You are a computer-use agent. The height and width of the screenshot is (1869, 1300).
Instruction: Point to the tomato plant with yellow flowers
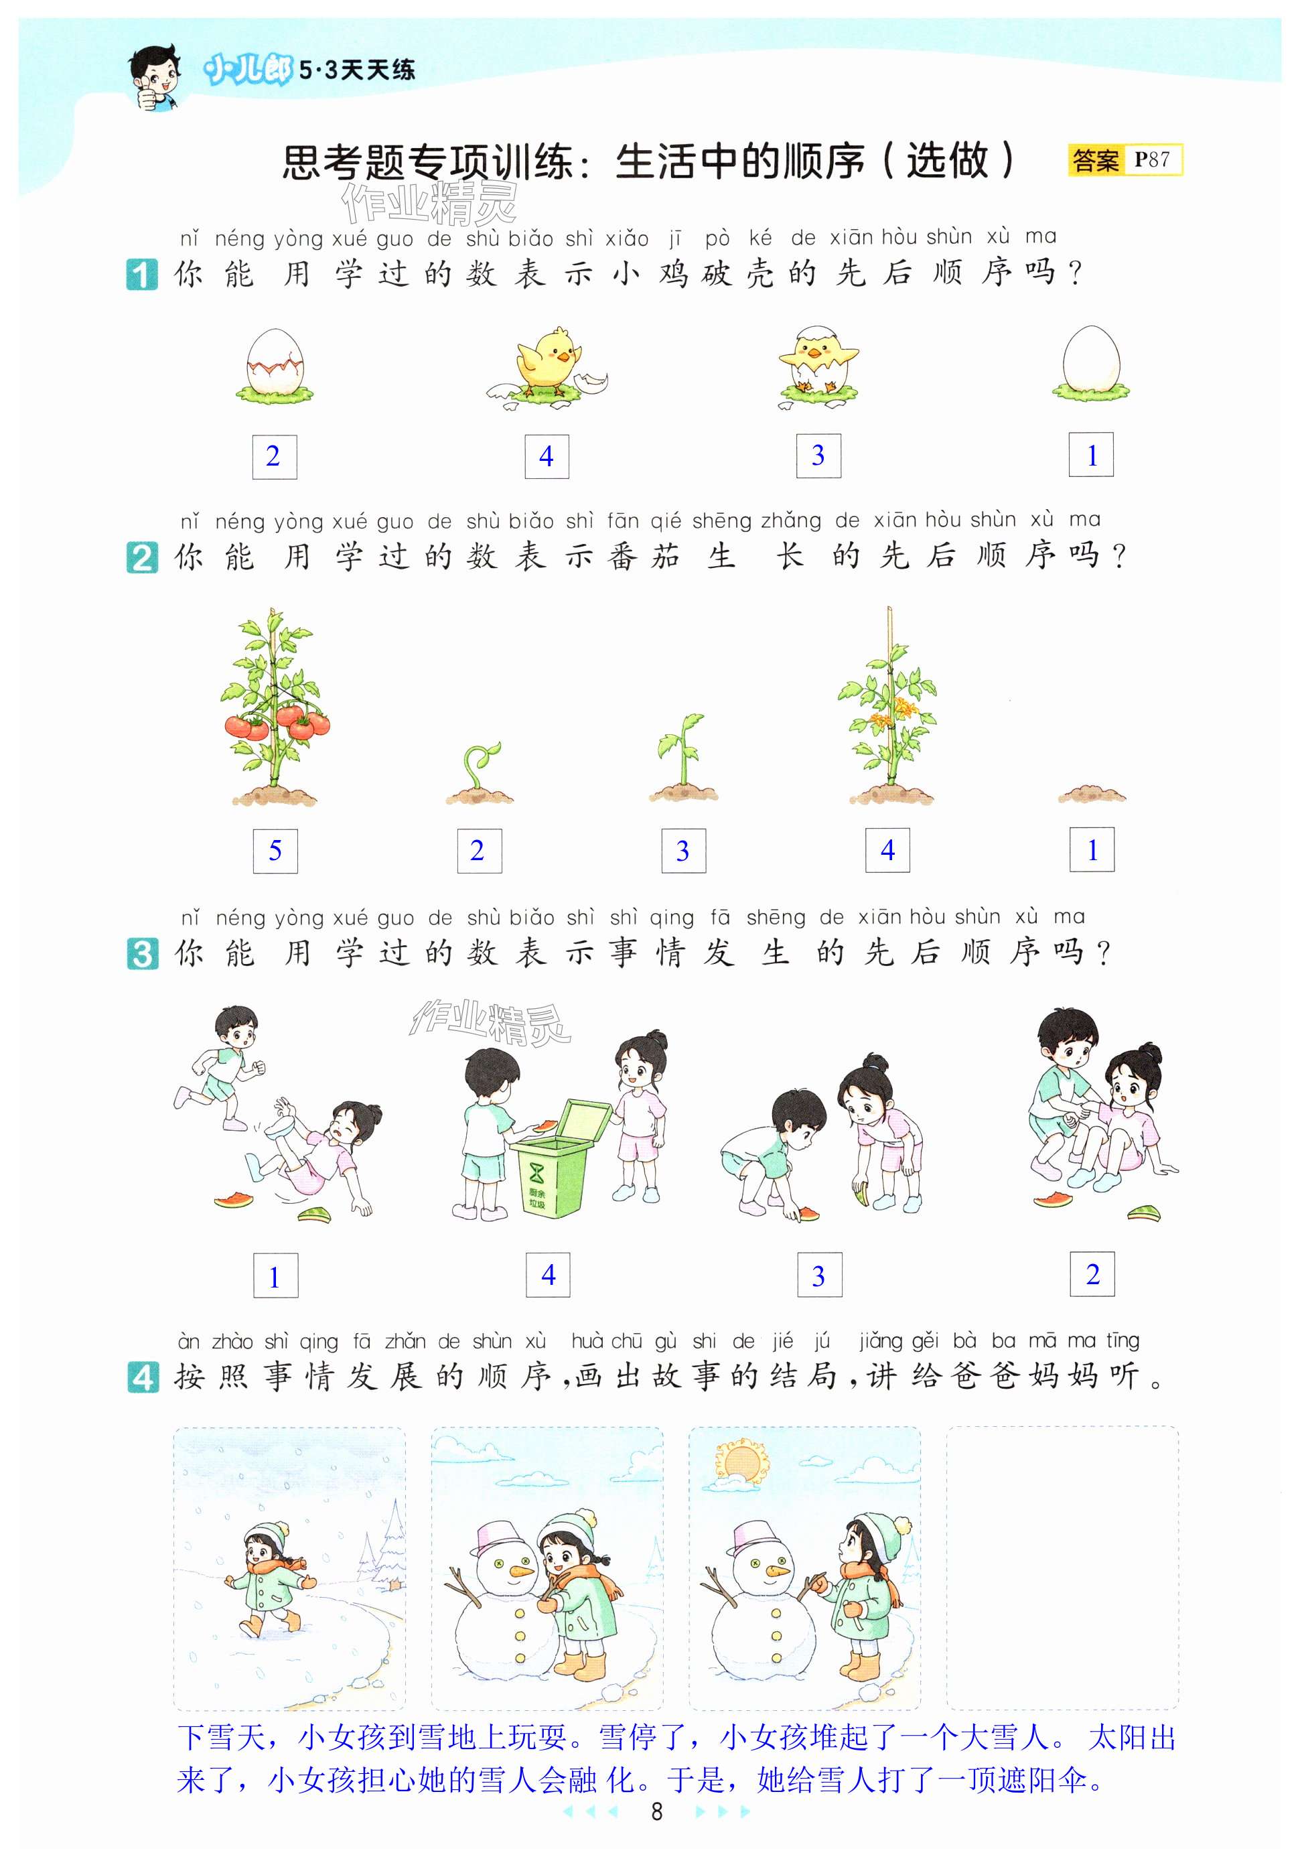[889, 706]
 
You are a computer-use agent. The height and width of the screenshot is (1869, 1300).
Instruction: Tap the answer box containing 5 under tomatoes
[275, 851]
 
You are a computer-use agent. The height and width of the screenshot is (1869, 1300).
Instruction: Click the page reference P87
[1152, 159]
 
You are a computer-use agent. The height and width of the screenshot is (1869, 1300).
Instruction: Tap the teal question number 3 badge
[143, 953]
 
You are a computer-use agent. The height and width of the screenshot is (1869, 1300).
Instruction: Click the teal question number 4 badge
[143, 1377]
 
